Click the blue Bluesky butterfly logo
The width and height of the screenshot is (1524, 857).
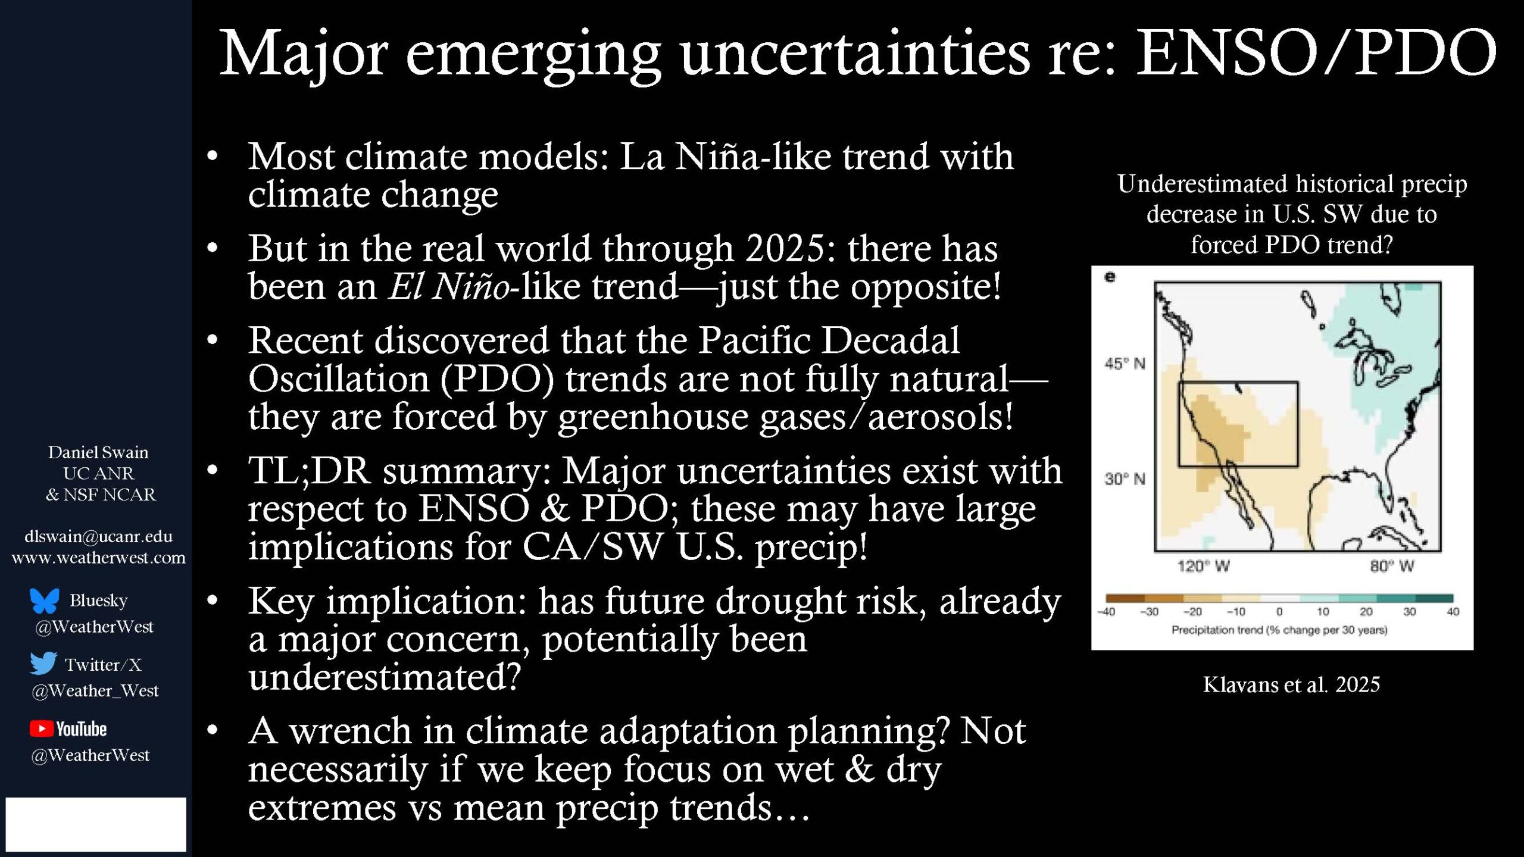45,600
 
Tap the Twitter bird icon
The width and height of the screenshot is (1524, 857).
43,663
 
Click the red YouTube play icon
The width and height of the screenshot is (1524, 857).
41,728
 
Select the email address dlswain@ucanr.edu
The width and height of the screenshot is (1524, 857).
98,536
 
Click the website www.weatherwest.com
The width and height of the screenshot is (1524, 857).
98,558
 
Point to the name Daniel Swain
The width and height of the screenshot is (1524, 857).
98,452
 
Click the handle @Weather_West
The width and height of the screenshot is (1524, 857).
95,690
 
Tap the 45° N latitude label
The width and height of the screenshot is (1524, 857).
1125,364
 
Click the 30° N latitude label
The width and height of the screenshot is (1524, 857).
1125,479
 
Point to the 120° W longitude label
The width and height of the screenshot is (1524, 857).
1203,566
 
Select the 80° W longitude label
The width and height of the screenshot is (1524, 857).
1392,566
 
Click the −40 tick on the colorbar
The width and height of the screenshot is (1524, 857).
1106,612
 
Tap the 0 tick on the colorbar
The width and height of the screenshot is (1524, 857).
1279,612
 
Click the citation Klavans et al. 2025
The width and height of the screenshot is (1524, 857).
1291,684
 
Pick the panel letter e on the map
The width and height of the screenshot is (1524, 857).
1110,277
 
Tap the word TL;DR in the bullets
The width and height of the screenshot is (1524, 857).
310,471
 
